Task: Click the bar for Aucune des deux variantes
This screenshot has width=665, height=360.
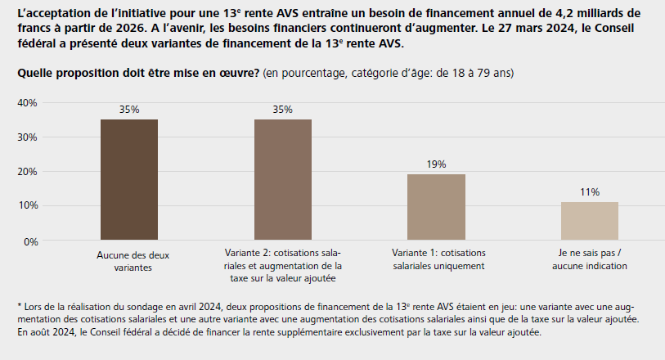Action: tap(129, 180)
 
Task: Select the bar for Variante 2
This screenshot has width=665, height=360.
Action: tap(283, 180)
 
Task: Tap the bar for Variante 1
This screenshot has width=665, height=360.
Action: tap(436, 208)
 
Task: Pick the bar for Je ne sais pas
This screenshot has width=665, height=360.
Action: tap(590, 221)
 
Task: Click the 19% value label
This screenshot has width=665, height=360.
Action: tap(436, 164)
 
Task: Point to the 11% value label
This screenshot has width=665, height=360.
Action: tap(590, 192)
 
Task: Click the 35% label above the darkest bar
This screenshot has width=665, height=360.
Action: tap(129, 109)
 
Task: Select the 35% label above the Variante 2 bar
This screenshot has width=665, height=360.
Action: tap(283, 109)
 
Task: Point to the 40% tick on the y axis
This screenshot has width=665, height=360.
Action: tap(27, 103)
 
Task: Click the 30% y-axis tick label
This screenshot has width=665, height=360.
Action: tap(27, 137)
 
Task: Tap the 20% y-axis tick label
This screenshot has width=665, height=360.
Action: tap(27, 172)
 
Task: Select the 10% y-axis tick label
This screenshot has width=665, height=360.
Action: tap(27, 206)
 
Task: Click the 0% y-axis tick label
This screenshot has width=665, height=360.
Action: tap(30, 241)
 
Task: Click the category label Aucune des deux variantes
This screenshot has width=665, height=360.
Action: tap(129, 260)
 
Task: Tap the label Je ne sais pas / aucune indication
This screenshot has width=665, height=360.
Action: tap(590, 260)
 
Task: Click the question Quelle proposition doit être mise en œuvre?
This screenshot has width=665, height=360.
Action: tap(138, 74)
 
